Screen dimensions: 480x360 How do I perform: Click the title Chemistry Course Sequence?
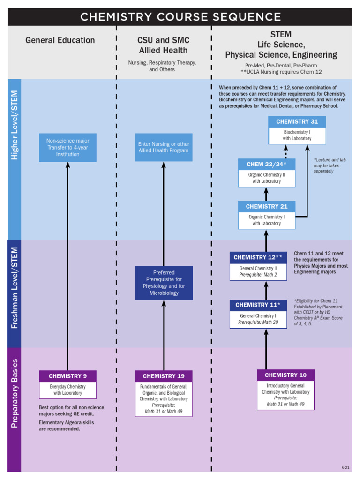coord(180,17)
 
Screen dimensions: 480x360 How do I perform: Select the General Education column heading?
coord(60,40)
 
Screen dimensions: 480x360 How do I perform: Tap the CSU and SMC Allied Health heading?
coord(163,45)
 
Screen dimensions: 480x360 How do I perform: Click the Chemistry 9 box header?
coord(67,376)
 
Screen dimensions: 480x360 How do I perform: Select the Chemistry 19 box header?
coord(164,376)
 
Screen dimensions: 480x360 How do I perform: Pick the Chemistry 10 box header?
coord(285,375)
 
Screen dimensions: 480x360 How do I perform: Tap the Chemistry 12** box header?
coord(258,257)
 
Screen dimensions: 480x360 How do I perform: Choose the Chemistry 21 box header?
coord(266,206)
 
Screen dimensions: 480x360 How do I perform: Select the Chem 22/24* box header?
coord(266,164)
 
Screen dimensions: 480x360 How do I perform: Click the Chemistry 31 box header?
coord(297,121)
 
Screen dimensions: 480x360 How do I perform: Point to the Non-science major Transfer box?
coord(67,147)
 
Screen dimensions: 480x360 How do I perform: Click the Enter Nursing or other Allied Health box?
coord(164,147)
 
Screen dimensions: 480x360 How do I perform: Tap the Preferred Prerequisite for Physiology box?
coord(164,283)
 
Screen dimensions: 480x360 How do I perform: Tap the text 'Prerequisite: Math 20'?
coord(258,322)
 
